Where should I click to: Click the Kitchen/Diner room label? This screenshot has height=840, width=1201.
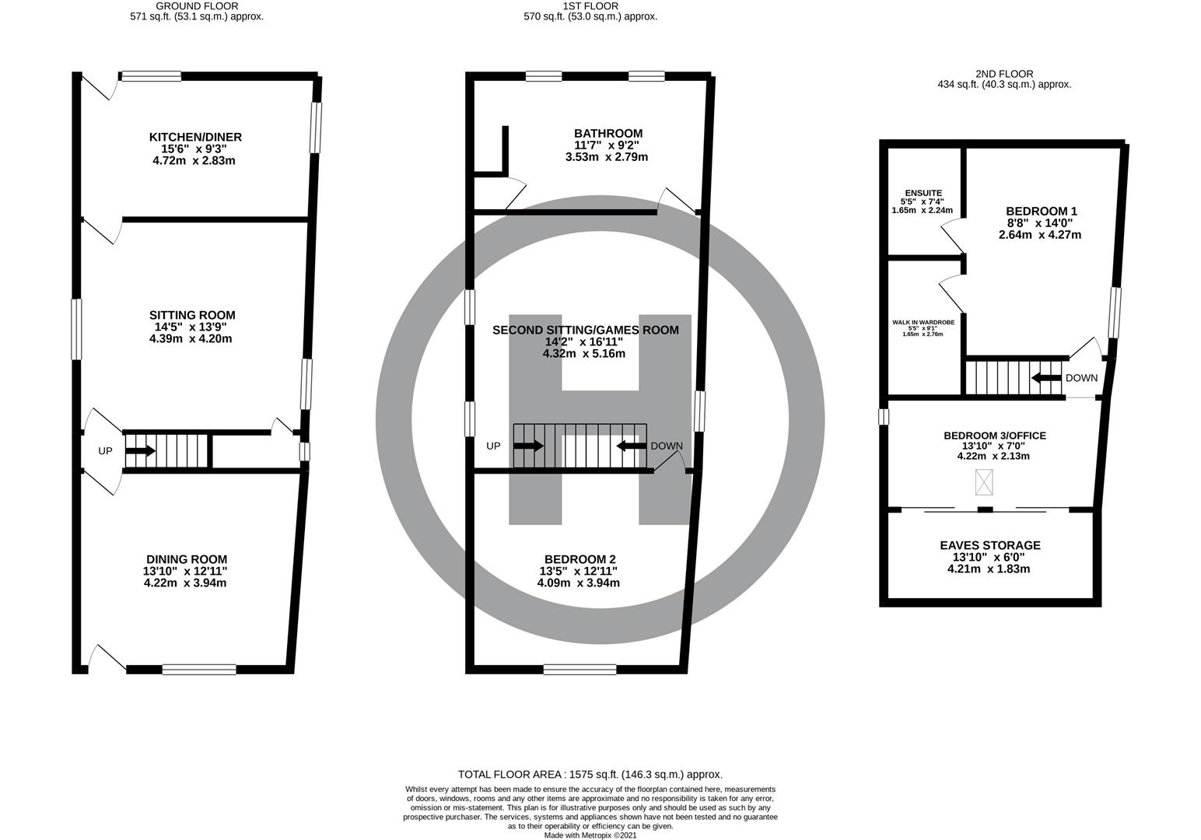click(195, 138)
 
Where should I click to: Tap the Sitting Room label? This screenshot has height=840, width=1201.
click(192, 315)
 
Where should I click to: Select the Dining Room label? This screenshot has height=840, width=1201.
click(187, 559)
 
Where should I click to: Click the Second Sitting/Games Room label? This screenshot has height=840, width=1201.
click(585, 330)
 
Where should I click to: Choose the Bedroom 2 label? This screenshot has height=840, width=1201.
click(579, 559)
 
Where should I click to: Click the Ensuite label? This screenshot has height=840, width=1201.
click(923, 193)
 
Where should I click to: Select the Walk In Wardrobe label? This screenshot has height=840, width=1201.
click(923, 320)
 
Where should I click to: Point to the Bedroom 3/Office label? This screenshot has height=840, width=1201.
click(994, 436)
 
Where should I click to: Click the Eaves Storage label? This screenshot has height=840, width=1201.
click(989, 545)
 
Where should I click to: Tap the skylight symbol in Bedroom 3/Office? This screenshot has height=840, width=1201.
click(985, 483)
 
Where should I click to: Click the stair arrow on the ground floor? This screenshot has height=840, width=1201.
click(140, 450)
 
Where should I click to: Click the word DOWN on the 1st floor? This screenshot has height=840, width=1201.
click(666, 446)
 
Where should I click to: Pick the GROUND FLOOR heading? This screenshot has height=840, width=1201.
click(197, 5)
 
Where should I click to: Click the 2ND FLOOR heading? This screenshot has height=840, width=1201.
click(1004, 74)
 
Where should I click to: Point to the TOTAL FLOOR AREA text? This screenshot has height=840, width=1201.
click(590, 774)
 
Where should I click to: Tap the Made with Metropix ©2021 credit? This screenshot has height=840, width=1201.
click(590, 835)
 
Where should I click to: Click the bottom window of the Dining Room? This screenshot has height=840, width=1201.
click(199, 669)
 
